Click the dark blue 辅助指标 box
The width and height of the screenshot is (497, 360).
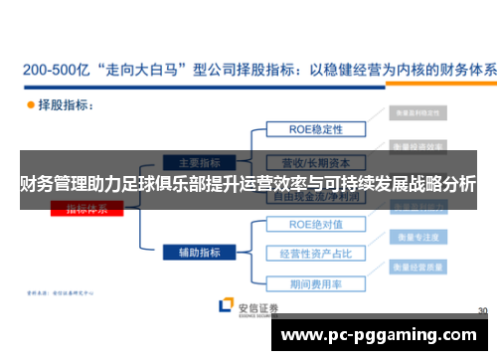click(x=200, y=253)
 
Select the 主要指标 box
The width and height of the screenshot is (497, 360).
click(x=200, y=161)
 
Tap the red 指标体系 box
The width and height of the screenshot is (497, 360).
click(x=94, y=209)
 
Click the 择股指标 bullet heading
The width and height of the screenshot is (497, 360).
click(x=66, y=103)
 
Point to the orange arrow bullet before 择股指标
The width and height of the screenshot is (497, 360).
click(x=29, y=103)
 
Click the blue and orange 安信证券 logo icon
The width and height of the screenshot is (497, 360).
click(x=227, y=307)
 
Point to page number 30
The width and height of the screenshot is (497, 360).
click(x=481, y=310)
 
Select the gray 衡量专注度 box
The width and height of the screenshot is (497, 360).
click(x=415, y=240)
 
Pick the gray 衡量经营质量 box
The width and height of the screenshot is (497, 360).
click(x=415, y=268)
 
